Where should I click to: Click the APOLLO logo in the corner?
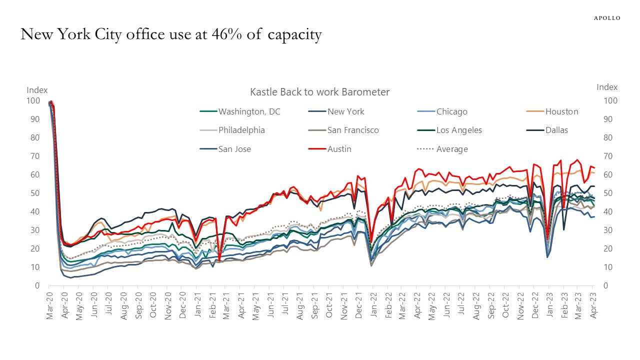pos(606,18)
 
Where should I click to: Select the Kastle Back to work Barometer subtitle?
pos(319,92)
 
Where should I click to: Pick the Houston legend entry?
pos(561,111)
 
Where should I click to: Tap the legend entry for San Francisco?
pos(353,130)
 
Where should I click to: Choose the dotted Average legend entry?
pos(451,149)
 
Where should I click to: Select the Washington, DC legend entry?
pos(249,111)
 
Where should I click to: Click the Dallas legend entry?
pos(556,130)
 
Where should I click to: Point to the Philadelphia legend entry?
pos(241,130)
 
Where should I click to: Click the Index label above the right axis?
pos(607,87)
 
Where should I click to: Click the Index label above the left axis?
pos(37,90)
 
